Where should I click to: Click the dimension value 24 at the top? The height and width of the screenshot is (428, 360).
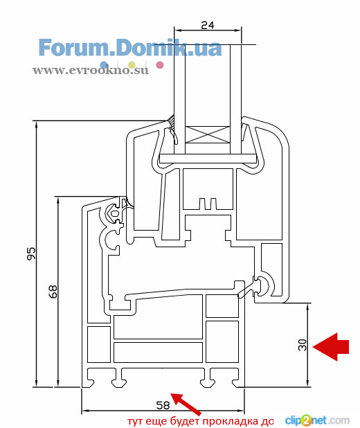point(208,25)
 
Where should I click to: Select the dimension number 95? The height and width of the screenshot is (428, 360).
point(31,253)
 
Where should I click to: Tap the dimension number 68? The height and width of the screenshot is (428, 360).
point(53,292)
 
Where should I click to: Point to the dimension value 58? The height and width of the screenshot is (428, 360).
point(163,405)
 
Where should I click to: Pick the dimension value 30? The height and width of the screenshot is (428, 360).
point(302,345)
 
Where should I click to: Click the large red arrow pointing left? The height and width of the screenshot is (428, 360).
point(331,347)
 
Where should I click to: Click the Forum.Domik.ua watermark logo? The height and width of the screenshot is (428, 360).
point(130,48)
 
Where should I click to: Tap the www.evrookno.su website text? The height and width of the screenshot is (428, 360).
point(91,70)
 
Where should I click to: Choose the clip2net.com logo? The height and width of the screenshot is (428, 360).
point(317,420)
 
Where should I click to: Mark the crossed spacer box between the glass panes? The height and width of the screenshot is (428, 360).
point(208,134)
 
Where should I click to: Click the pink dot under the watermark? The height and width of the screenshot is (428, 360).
point(160,65)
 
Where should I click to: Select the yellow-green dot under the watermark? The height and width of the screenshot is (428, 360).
point(132,65)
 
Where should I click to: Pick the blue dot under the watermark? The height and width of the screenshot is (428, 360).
point(104,65)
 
